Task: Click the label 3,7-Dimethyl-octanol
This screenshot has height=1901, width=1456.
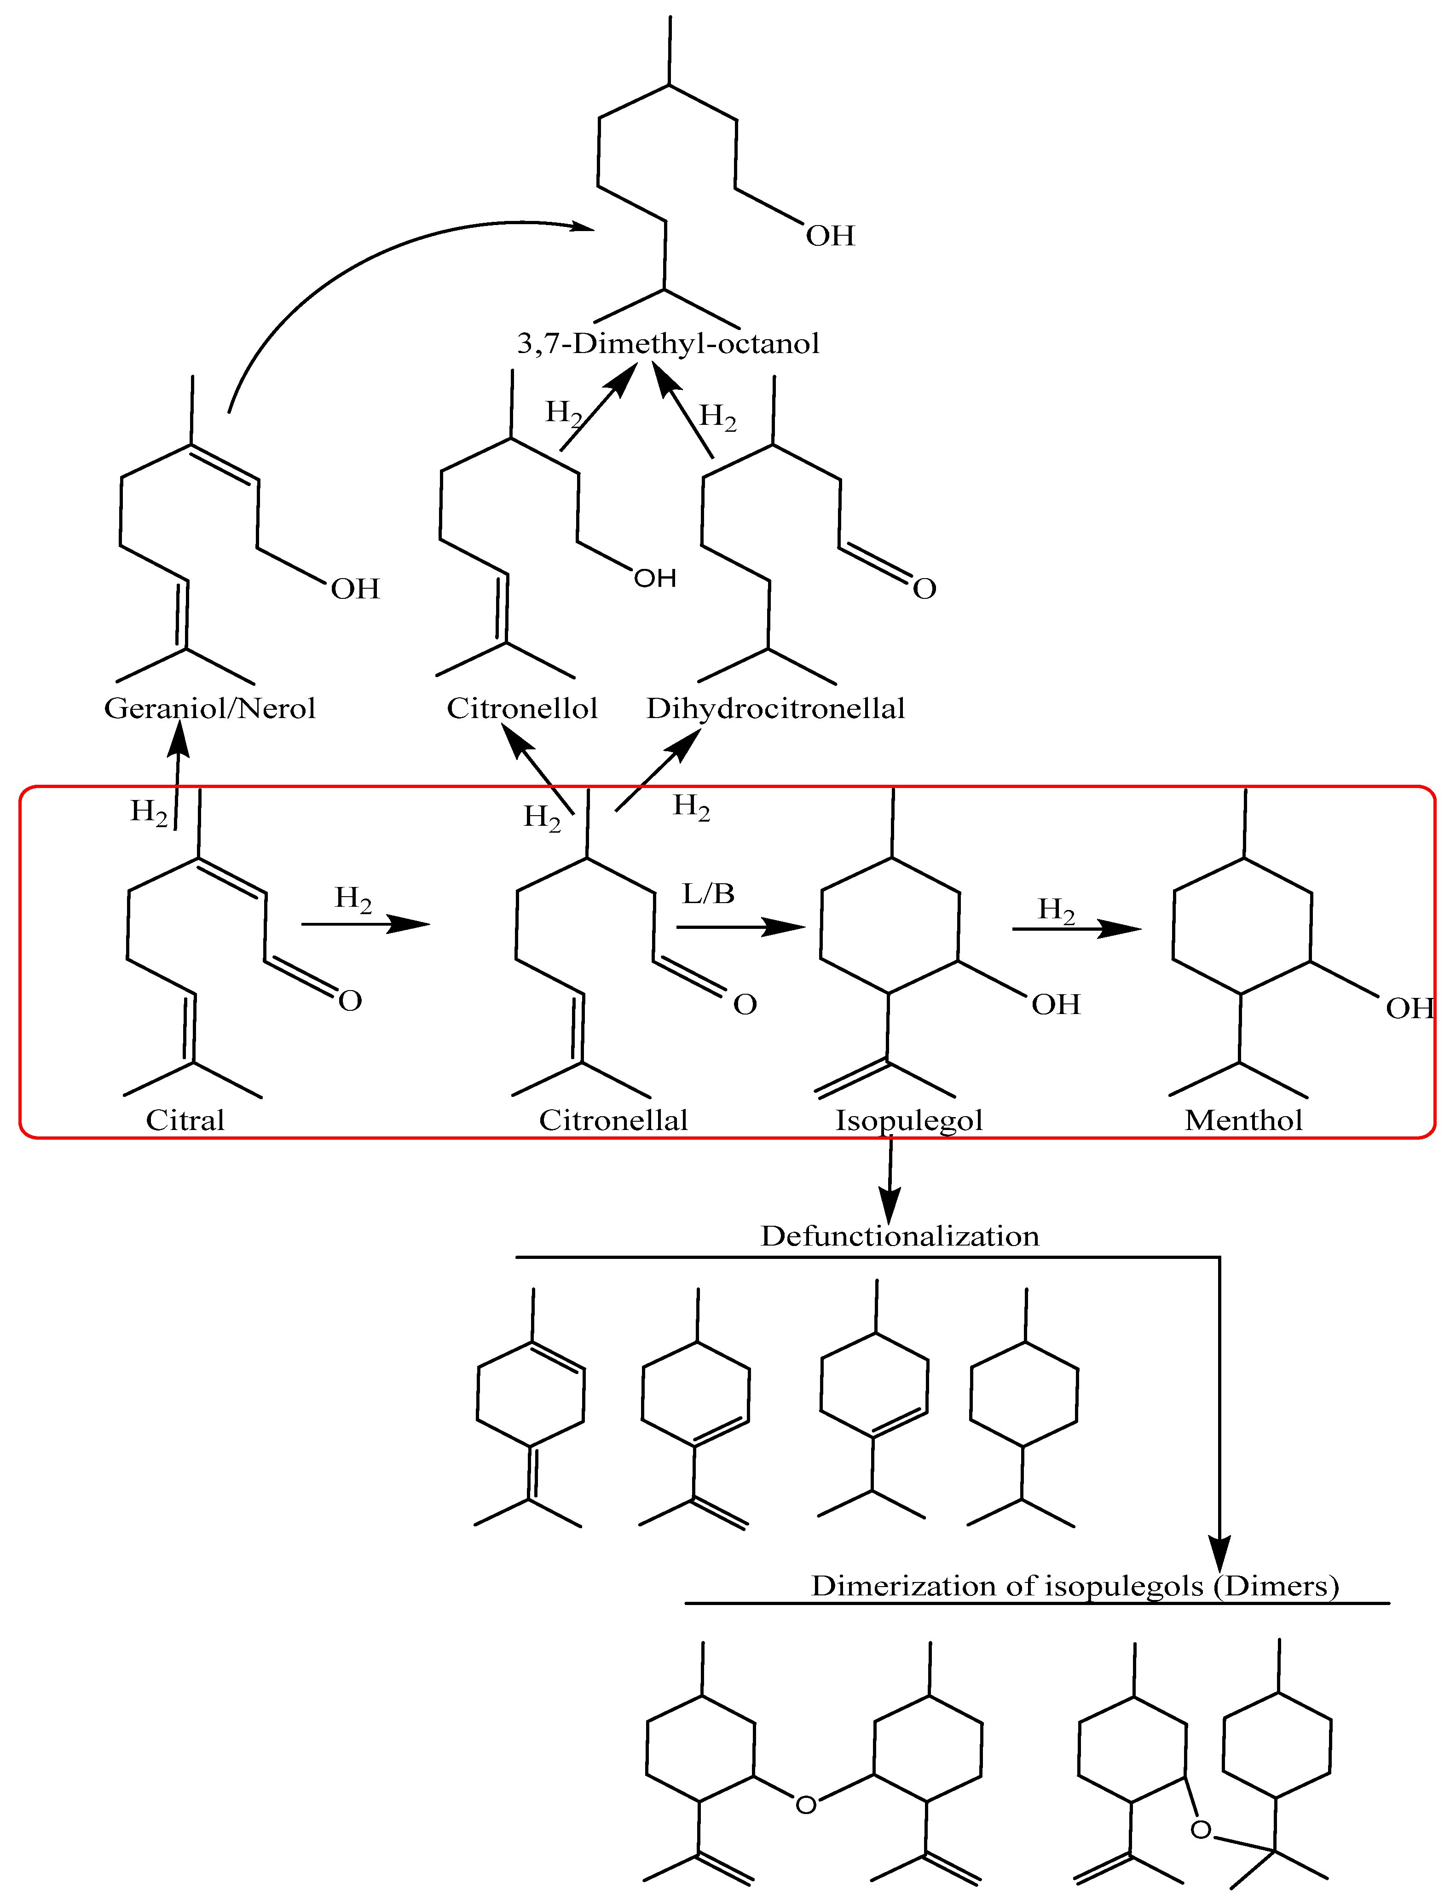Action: (x=667, y=344)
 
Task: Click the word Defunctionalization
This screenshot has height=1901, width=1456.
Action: (x=900, y=1236)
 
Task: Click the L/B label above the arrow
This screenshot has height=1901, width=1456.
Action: (x=708, y=894)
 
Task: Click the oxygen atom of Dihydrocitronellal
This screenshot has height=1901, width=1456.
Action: (x=925, y=590)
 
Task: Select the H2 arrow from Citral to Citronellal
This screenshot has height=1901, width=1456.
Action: (x=366, y=924)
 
